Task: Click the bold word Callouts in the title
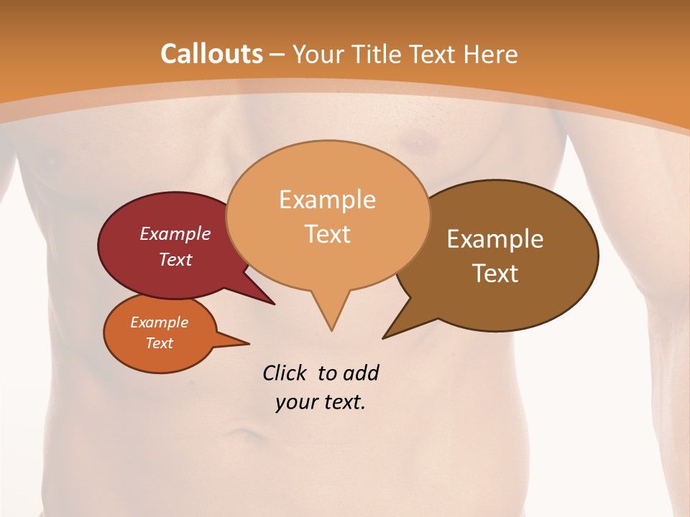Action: tap(211, 54)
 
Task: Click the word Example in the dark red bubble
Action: tap(175, 233)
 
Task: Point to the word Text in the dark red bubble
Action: tap(175, 259)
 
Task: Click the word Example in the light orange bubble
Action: tap(327, 200)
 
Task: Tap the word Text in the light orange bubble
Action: tap(328, 234)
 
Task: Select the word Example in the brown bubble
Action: tap(495, 239)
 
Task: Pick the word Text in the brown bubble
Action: tap(495, 274)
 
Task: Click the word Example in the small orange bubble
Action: tap(159, 322)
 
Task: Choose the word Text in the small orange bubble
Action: tap(160, 343)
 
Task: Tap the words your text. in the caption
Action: tap(321, 402)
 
